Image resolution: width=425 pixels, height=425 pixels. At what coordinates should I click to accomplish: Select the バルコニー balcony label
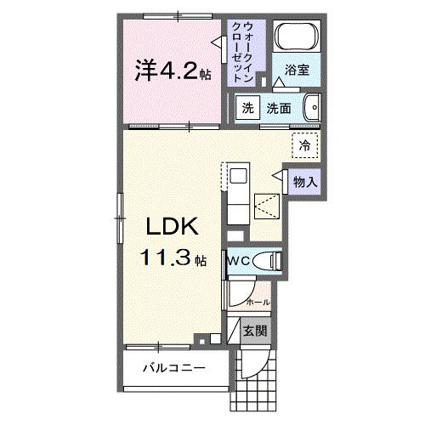[x=173, y=368]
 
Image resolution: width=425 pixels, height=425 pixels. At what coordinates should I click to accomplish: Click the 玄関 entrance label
[x=254, y=331]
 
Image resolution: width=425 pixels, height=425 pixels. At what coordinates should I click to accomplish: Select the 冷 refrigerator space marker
[x=303, y=145]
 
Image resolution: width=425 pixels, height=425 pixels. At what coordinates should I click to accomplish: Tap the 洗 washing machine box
[x=247, y=109]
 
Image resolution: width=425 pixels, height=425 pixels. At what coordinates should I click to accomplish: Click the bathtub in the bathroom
[x=297, y=37]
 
